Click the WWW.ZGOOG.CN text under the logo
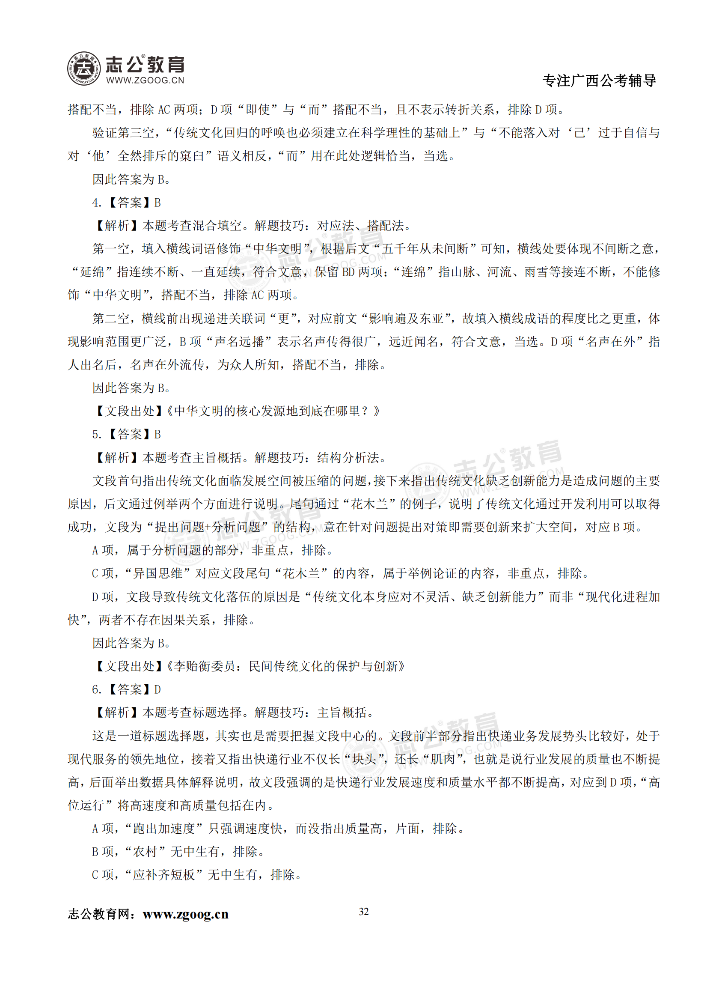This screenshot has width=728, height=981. [x=145, y=80]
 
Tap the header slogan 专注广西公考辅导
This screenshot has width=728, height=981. [x=599, y=81]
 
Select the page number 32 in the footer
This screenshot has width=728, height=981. [x=363, y=911]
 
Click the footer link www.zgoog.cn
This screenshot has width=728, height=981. [x=185, y=914]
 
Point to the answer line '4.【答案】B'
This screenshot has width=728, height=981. [x=127, y=203]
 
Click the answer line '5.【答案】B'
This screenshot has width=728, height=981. [x=127, y=434]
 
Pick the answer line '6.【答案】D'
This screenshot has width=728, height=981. [x=127, y=689]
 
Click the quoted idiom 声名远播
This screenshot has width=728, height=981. [x=239, y=342]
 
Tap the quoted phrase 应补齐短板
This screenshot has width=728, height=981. [x=164, y=875]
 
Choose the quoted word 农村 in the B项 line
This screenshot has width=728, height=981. [x=145, y=851]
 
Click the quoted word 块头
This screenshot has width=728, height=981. [x=364, y=759]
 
